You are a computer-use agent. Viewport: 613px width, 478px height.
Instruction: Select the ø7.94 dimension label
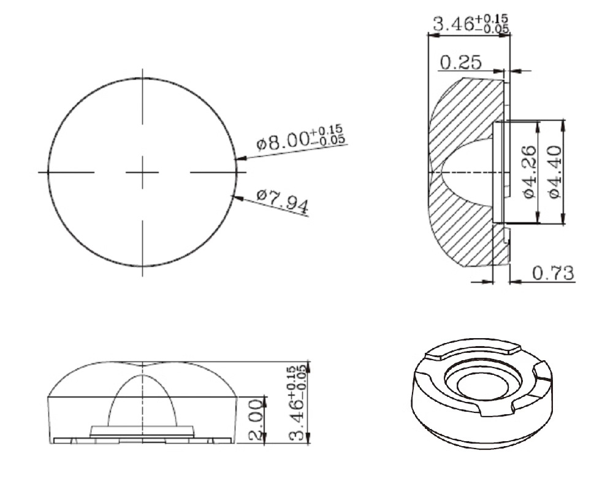[283, 201]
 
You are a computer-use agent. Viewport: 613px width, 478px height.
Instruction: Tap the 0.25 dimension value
[461, 62]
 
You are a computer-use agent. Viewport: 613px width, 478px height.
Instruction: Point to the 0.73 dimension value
[554, 273]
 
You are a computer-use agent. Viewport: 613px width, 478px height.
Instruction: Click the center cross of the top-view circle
[143, 172]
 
